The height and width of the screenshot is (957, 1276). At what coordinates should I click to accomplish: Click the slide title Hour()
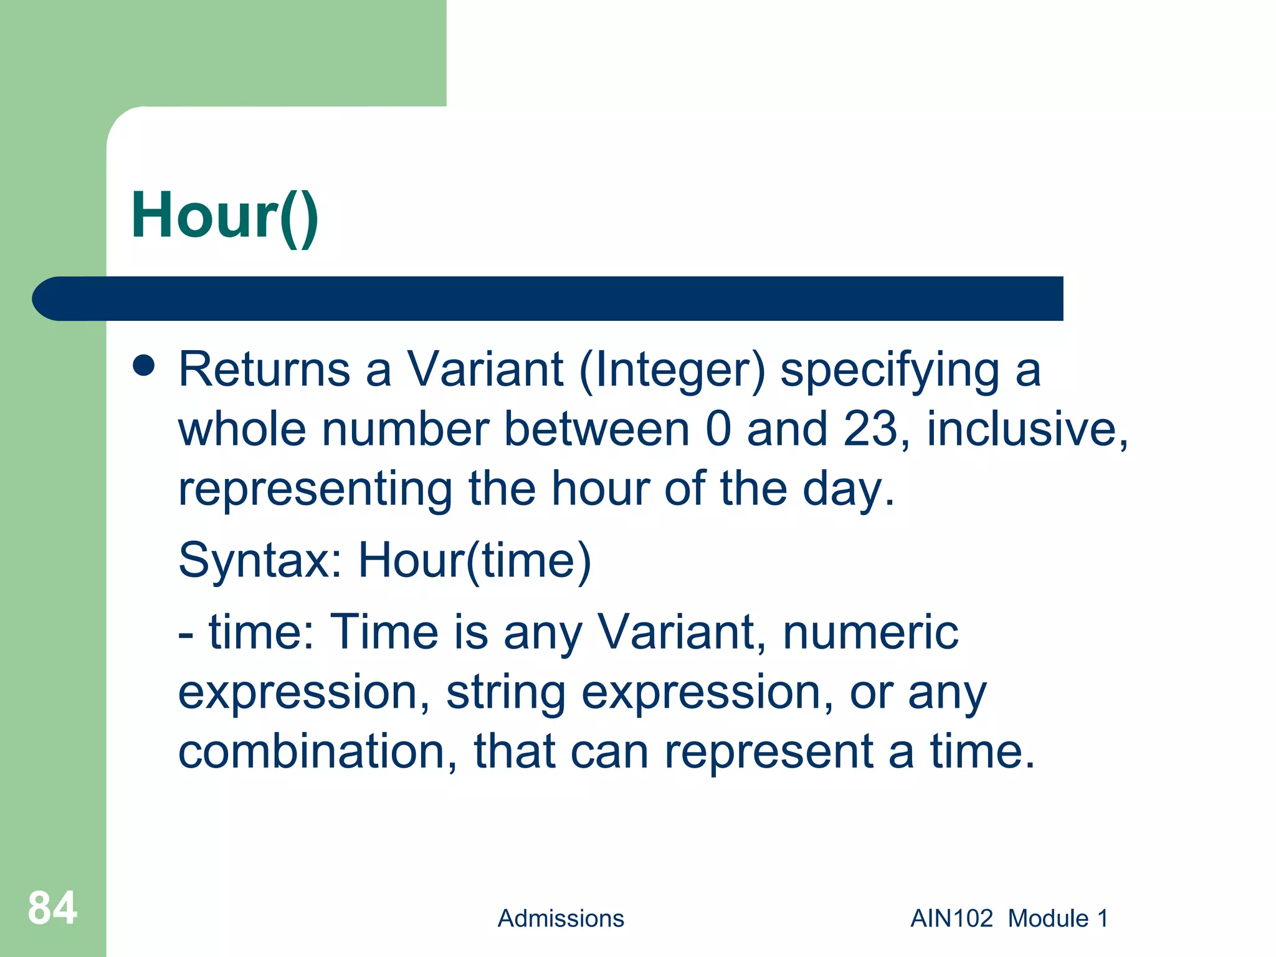tap(224, 216)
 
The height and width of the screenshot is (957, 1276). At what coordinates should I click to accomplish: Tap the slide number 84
tap(52, 908)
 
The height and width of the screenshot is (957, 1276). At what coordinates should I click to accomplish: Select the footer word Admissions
tap(561, 918)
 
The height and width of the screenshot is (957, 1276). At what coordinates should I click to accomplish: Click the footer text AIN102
tap(951, 918)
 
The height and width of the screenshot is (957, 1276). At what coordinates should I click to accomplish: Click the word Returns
tap(264, 370)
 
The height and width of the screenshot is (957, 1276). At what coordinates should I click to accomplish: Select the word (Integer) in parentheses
tap(672, 371)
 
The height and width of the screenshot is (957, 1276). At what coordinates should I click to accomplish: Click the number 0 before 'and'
tap(718, 429)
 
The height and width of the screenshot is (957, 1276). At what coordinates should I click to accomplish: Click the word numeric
tap(870, 632)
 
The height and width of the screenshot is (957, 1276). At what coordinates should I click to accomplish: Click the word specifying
tap(890, 371)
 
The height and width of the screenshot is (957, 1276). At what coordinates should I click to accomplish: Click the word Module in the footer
tap(1049, 918)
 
